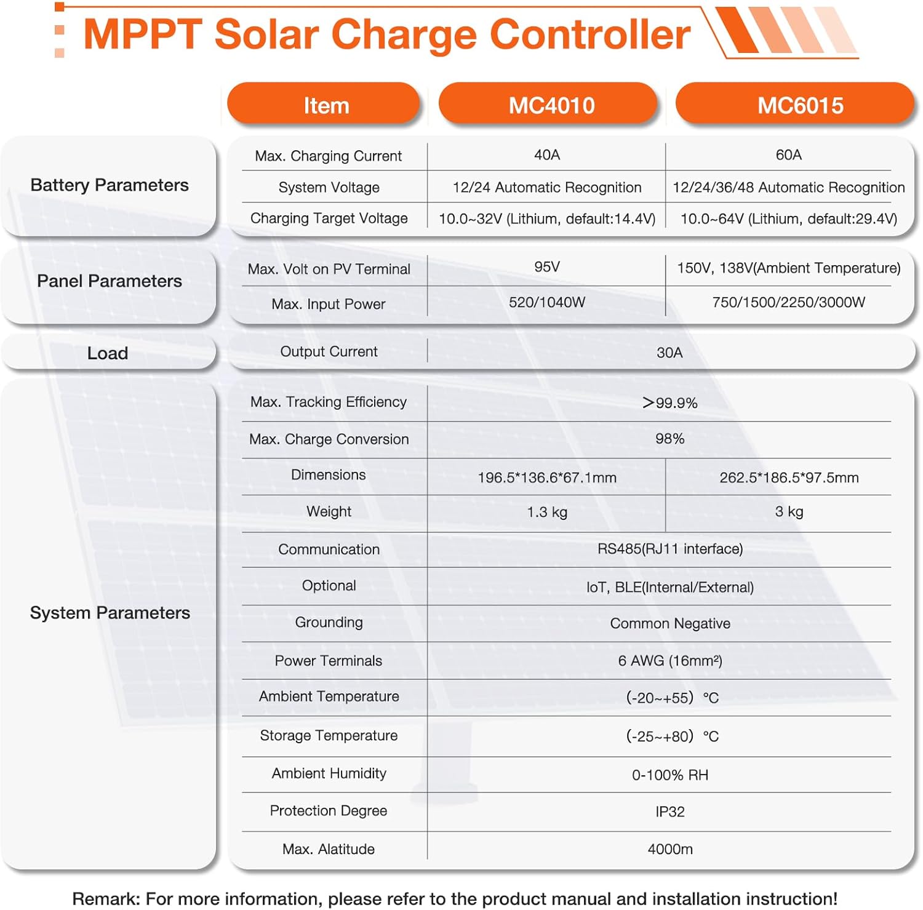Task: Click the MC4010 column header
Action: (x=551, y=105)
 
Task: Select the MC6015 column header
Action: (x=799, y=105)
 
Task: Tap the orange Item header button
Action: (x=326, y=105)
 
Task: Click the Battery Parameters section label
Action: (x=110, y=185)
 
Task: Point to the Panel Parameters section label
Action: (x=110, y=281)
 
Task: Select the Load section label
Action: (x=108, y=353)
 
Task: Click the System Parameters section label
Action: (x=110, y=613)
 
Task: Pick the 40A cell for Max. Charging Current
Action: (x=546, y=155)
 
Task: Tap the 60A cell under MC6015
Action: (x=788, y=155)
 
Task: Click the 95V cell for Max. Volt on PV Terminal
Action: (x=546, y=267)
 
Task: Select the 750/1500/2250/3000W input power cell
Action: (x=788, y=302)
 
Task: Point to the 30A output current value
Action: (x=669, y=353)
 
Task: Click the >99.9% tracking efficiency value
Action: (x=669, y=403)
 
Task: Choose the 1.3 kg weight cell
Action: (x=546, y=512)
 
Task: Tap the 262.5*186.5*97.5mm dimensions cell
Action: (x=788, y=477)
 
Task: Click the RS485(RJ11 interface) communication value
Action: (x=669, y=549)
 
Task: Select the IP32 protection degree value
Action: (x=669, y=812)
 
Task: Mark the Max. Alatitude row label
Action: (x=328, y=849)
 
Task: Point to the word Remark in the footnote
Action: (x=105, y=898)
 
